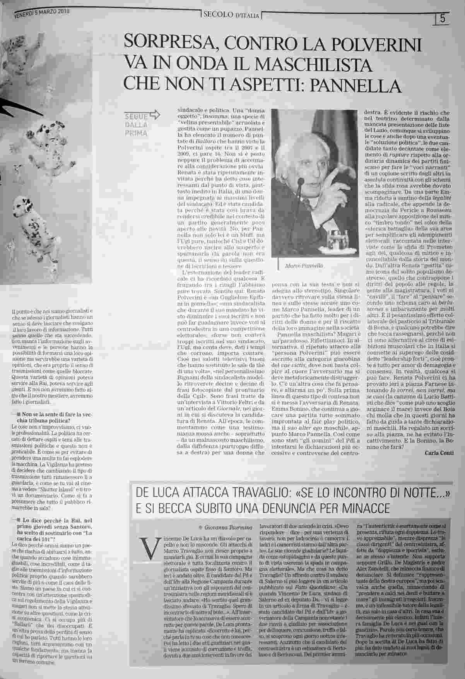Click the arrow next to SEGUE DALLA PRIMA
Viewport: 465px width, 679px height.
[154, 115]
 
